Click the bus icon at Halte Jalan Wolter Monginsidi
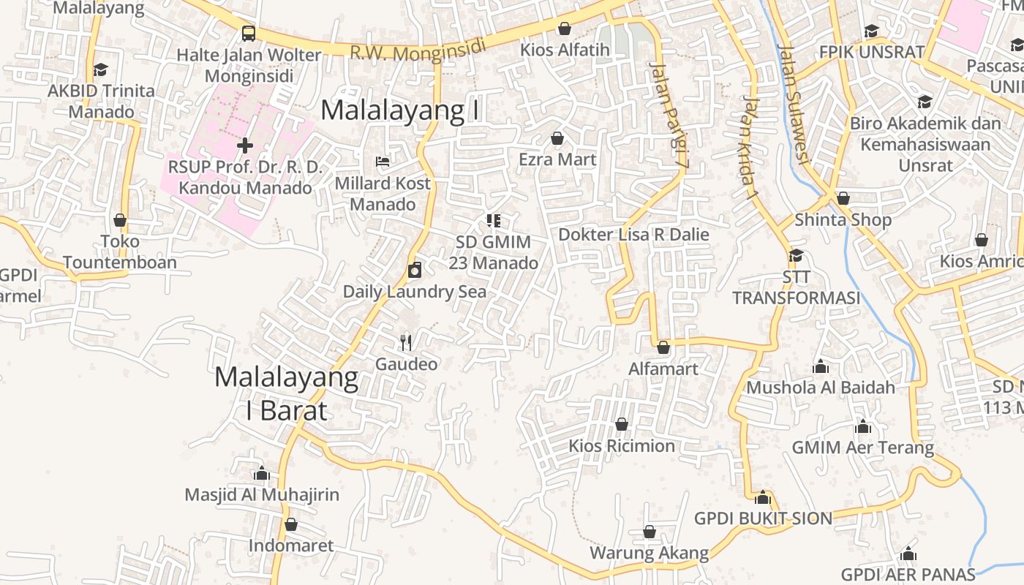pyautogui.click(x=249, y=33)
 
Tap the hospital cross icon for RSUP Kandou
pyautogui.click(x=244, y=146)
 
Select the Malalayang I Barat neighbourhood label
pyautogui.click(x=287, y=393)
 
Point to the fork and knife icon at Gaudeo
pyautogui.click(x=407, y=341)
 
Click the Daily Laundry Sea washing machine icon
pyautogui.click(x=415, y=271)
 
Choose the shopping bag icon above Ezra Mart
pyautogui.click(x=557, y=138)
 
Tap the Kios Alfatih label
pyautogui.click(x=564, y=50)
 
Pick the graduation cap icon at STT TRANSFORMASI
pyautogui.click(x=796, y=255)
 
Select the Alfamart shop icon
pyautogui.click(x=663, y=347)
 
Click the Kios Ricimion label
pyautogui.click(x=622, y=445)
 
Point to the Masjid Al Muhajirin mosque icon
pyautogui.click(x=261, y=473)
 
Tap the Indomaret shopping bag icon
pyautogui.click(x=291, y=524)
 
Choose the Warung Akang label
pyautogui.click(x=650, y=553)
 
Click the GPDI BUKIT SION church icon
pyautogui.click(x=763, y=497)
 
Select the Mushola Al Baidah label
pyautogui.click(x=821, y=387)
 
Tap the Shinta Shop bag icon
pyautogui.click(x=843, y=198)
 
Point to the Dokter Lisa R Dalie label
pyautogui.click(x=633, y=235)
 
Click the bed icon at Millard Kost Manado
pyautogui.click(x=382, y=161)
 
